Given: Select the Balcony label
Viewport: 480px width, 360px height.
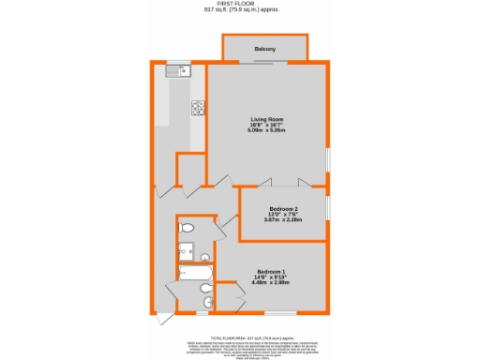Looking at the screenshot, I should point(263,48).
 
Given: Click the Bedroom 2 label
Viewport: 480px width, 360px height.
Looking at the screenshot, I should point(283,208).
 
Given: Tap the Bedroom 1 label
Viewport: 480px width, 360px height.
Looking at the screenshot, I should point(271,273).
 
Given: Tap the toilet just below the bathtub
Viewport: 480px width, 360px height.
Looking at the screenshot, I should point(204,302).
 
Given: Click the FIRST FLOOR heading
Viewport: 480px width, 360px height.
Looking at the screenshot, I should point(240,4).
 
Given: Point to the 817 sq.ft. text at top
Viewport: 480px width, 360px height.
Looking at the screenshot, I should point(240,10).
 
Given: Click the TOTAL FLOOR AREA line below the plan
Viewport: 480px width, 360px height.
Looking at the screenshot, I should point(240,335).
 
